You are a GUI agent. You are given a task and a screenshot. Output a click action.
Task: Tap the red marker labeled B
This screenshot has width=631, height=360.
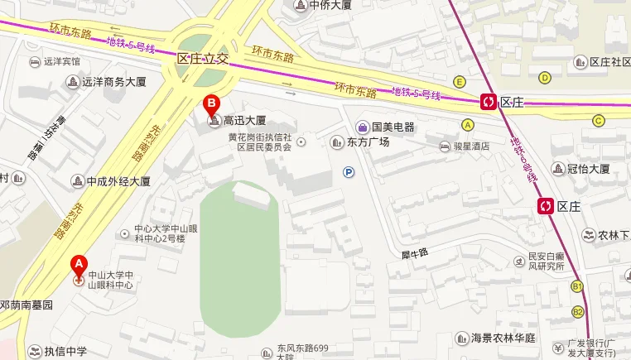click(212, 105)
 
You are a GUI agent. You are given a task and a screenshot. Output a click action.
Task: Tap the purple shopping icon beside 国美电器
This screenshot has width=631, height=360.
click(362, 127)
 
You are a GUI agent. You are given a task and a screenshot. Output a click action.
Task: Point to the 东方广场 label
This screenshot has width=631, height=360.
click(367, 142)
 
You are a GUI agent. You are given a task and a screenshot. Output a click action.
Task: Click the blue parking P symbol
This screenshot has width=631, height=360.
click(349, 172)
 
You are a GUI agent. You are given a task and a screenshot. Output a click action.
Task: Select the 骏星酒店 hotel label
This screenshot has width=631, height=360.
click(470, 146)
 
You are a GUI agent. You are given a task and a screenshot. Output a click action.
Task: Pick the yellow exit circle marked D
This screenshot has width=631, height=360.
click(545, 78)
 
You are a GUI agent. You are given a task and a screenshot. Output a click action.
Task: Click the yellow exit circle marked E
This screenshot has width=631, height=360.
click(459, 81)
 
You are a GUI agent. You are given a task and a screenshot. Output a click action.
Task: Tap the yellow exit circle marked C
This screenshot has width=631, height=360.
click(598, 120)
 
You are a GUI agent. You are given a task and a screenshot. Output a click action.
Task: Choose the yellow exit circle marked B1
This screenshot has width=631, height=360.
click(577, 286)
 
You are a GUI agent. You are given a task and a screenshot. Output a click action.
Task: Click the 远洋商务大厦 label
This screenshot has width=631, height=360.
click(113, 81)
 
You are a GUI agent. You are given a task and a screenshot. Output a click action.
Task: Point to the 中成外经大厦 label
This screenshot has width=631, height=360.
click(118, 180)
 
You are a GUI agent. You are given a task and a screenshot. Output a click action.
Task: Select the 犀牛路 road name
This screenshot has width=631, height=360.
click(413, 253)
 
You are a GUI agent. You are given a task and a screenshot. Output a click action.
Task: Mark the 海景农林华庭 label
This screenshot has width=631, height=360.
click(503, 338)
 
